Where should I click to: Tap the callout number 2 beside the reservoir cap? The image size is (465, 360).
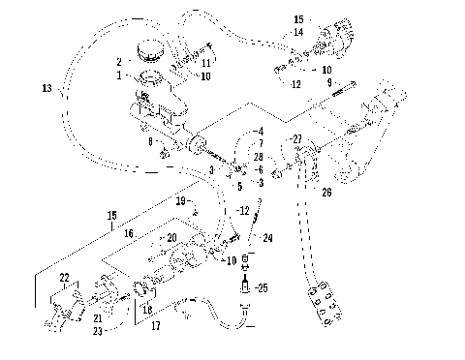coord(119,61)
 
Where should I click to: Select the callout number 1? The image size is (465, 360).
coord(119,75)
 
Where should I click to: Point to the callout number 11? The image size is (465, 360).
coord(206,63)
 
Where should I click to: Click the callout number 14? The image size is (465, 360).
coord(298,33)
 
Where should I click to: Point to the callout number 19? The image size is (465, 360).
coord(180,200)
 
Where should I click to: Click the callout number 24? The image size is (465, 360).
coord(268,237)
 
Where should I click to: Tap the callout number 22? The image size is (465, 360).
coord(65,278)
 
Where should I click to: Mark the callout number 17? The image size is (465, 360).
coord(156,326)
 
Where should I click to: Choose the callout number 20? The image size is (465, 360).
coord(170,237)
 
